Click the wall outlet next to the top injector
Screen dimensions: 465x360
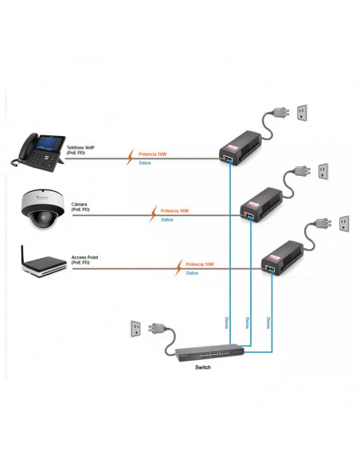[303, 113]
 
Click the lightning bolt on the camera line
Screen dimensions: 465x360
[153, 213]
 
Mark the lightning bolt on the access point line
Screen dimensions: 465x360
[178, 268]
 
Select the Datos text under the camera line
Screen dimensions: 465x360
[166, 219]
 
